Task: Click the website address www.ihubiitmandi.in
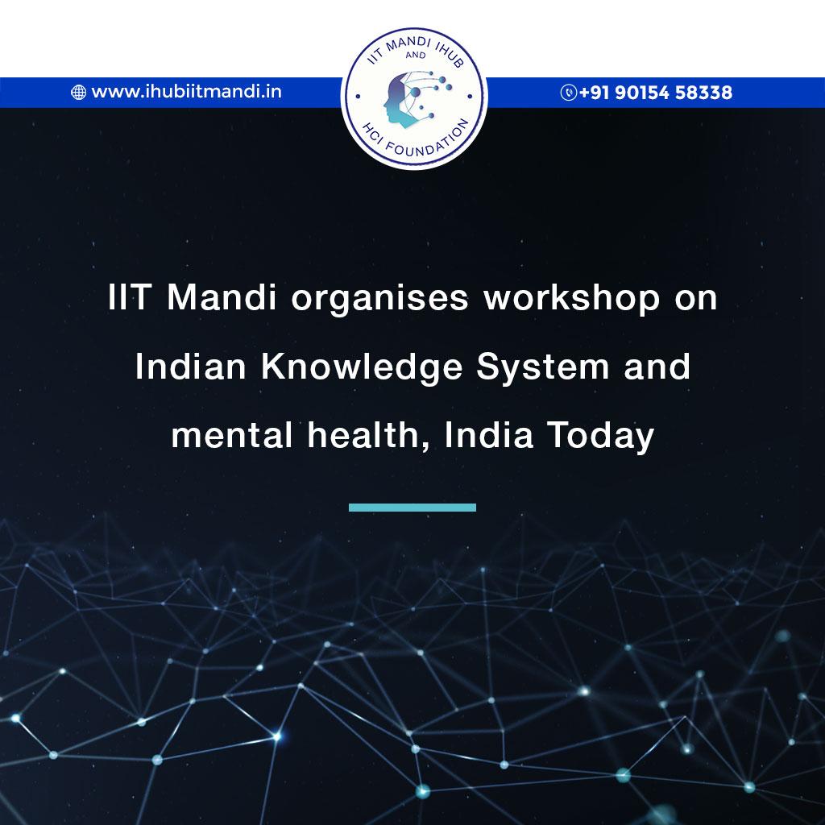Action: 186,92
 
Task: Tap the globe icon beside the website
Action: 78,92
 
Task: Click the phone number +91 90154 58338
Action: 656,93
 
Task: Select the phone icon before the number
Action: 568,92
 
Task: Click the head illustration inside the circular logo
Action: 403,100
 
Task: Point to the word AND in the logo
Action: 416,55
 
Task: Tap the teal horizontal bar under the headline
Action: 412,508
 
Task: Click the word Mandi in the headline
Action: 222,297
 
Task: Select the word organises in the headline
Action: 379,300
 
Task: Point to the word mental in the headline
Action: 231,435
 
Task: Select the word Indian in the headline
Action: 190,367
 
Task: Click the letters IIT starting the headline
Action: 130,297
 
